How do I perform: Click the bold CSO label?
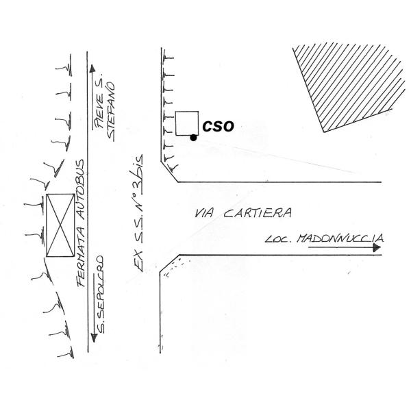(219, 126)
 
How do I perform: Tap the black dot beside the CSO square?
(194, 138)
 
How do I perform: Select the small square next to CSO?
(186, 123)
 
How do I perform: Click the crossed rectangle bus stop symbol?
(60, 225)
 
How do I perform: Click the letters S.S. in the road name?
(138, 226)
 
